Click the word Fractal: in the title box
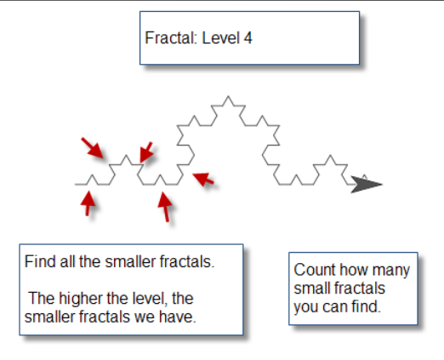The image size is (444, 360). (171, 37)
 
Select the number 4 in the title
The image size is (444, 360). (248, 37)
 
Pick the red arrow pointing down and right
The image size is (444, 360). (92, 148)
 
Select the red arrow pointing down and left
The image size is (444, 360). (146, 152)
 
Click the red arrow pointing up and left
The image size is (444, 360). (203, 179)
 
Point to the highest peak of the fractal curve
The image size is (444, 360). (228, 96)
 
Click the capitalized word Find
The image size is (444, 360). (40, 261)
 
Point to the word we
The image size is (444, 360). (145, 317)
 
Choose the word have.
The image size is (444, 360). (178, 317)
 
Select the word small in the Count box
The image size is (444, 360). (312, 289)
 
